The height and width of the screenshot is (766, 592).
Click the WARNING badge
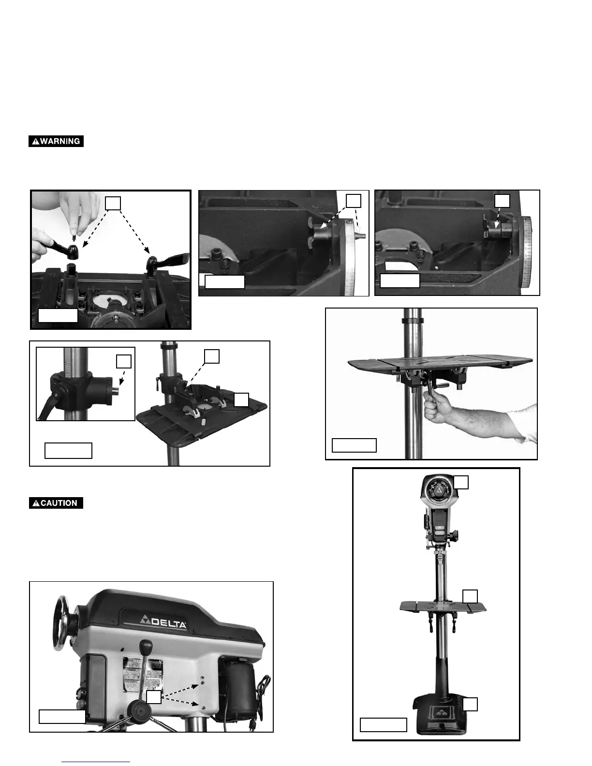(x=56, y=141)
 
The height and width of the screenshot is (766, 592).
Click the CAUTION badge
(x=56, y=503)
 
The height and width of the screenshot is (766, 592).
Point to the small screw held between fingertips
(x=73, y=238)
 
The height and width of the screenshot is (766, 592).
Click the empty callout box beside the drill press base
(x=470, y=704)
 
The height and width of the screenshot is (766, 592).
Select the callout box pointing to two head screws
(x=154, y=697)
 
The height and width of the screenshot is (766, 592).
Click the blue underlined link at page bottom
(x=96, y=761)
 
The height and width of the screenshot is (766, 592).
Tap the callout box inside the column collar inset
(x=124, y=361)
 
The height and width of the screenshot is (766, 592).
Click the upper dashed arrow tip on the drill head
(x=200, y=684)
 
